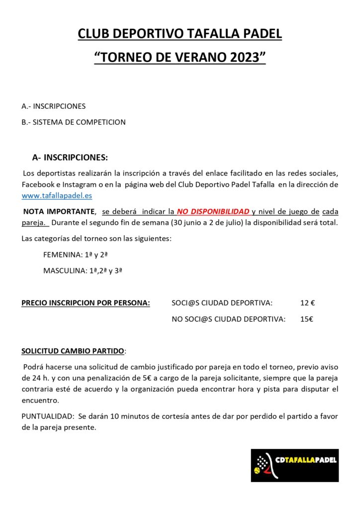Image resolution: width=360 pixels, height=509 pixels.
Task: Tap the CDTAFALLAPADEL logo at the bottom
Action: pyautogui.click(x=294, y=465)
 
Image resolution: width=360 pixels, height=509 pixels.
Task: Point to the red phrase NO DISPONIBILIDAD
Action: pyautogui.click(x=213, y=211)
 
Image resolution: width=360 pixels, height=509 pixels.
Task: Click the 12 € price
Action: pyautogui.click(x=308, y=303)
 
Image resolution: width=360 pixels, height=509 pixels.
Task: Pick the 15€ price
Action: pyautogui.click(x=307, y=320)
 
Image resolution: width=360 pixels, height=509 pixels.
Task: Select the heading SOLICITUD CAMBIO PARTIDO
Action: pyautogui.click(x=73, y=351)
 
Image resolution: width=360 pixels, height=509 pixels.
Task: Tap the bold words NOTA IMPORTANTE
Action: pyautogui.click(x=59, y=211)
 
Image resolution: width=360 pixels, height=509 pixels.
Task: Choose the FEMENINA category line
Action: pyautogui.click(x=76, y=255)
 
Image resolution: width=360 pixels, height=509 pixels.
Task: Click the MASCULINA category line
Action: pyautogui.click(x=83, y=271)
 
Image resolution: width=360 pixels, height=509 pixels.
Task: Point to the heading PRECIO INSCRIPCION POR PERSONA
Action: pyautogui.click(x=86, y=303)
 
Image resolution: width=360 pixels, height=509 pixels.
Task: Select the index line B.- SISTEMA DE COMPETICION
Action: pyautogui.click(x=74, y=122)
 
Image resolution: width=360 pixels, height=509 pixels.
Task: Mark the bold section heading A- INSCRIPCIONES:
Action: pyautogui.click(x=70, y=158)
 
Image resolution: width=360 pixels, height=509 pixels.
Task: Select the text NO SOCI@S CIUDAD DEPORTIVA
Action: pyautogui.click(x=228, y=320)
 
